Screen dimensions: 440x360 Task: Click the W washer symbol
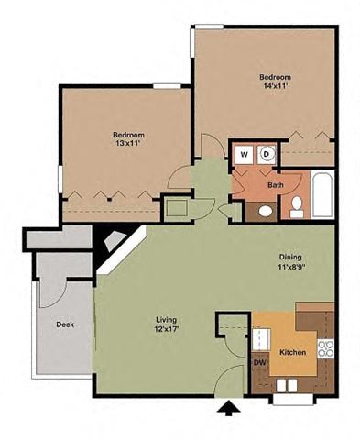245,155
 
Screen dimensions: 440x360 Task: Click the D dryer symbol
266,155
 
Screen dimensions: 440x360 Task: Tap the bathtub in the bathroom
323,194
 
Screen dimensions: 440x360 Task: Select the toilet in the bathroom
297,210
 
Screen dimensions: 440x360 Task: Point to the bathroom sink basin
266,211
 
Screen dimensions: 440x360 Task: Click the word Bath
275,185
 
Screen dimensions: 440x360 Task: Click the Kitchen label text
291,352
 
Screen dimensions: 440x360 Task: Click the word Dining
290,258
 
